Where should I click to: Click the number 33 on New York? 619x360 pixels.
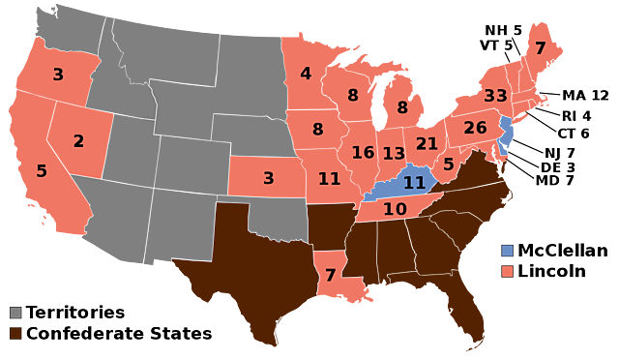click(x=495, y=96)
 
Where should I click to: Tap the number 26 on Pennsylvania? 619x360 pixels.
click(x=475, y=128)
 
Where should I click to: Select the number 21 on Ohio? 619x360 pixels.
click(x=427, y=144)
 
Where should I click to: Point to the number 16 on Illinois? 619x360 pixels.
click(x=363, y=153)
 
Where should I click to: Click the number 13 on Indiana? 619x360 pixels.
click(x=394, y=154)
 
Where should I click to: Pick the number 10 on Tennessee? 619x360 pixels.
click(x=395, y=209)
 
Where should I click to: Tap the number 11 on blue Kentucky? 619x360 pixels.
click(x=414, y=183)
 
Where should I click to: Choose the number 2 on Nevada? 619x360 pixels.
click(x=78, y=141)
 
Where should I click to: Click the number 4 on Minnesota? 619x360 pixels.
click(x=306, y=74)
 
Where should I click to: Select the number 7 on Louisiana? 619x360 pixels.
click(x=331, y=276)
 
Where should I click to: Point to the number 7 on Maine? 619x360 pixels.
click(x=540, y=48)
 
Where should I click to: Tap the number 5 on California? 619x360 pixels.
click(x=42, y=171)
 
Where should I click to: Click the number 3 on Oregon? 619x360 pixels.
click(x=58, y=75)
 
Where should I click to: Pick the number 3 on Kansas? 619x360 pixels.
click(x=269, y=178)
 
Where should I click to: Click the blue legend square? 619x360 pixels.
click(x=507, y=251)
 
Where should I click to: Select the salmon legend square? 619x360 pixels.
click(x=507, y=272)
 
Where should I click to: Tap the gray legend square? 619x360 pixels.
click(x=15, y=313)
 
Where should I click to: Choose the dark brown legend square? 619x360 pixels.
click(x=15, y=333)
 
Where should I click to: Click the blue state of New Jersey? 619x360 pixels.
click(x=506, y=136)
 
